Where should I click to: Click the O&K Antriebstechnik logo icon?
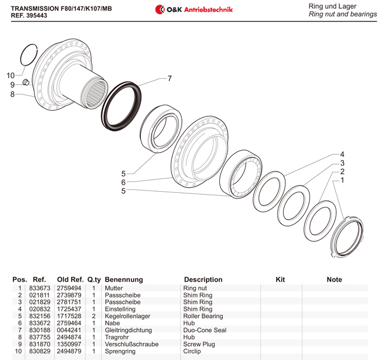[x=160, y=9]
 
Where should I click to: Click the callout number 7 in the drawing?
[x=170, y=78]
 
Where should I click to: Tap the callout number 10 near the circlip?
[x=11, y=75]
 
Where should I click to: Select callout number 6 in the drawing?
[x=123, y=182]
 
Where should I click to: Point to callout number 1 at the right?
[x=342, y=181]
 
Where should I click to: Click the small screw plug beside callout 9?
[x=26, y=82]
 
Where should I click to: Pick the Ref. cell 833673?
[x=39, y=288]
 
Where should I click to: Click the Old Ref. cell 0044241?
[x=68, y=330]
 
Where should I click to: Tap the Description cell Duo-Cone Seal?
[x=204, y=330]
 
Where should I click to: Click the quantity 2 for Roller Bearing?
[x=94, y=316]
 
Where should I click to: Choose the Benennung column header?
[x=123, y=279]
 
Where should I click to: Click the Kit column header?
[x=280, y=279]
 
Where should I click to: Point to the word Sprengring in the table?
[x=120, y=351]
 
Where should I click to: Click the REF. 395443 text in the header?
[x=29, y=16]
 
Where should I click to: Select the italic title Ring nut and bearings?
[x=342, y=14]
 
